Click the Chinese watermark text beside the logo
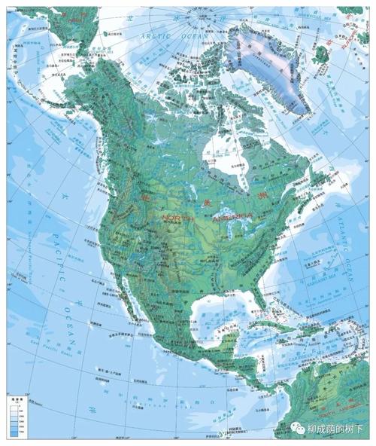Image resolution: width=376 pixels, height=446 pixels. tap(335, 429)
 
